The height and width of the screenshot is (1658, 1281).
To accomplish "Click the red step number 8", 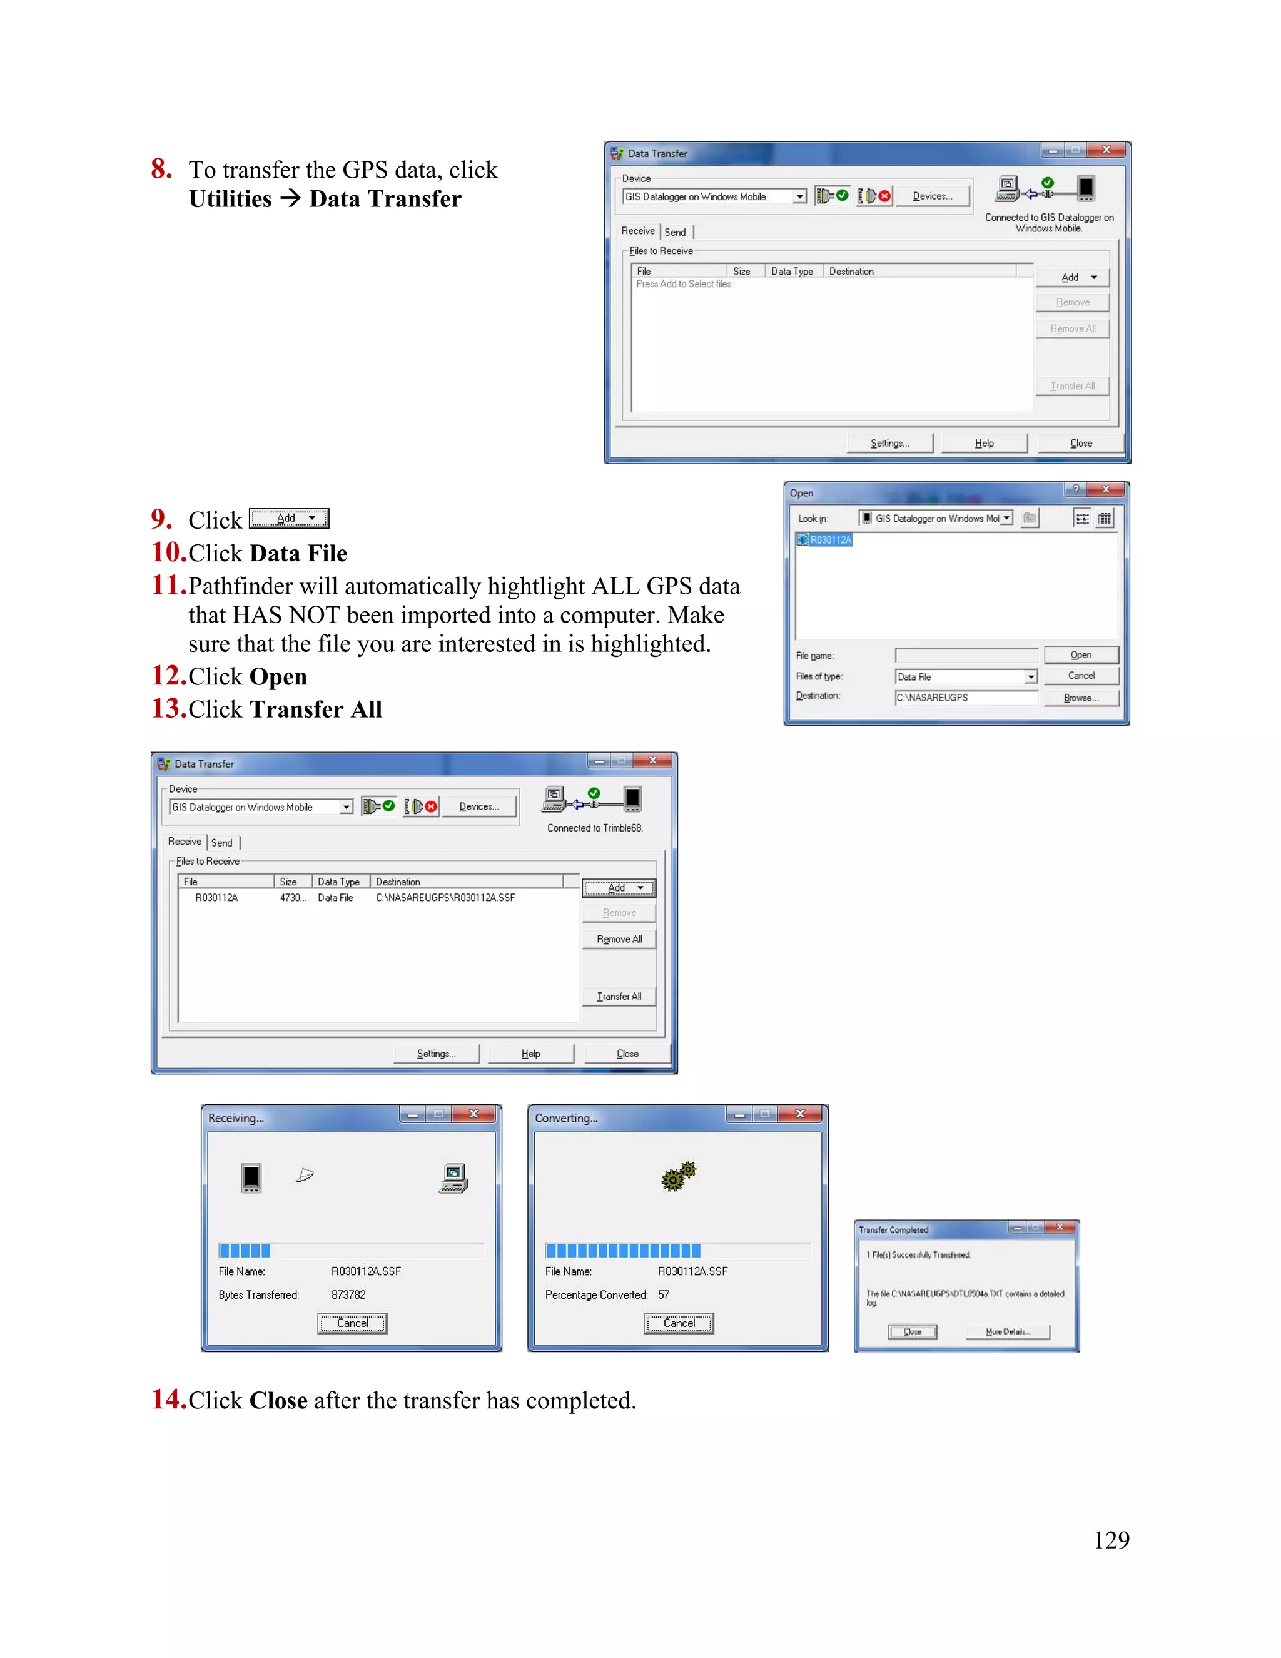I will (161, 168).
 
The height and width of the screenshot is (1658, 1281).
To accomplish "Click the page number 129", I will (1111, 1540).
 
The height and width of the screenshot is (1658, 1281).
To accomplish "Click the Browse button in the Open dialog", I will (1081, 698).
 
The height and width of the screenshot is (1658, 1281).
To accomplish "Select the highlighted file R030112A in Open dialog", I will (830, 540).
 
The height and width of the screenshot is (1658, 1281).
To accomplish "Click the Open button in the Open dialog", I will (1081, 654).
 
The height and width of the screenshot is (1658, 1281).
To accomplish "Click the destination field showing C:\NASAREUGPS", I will (965, 698).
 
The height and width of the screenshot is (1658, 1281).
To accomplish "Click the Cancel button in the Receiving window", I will (352, 1323).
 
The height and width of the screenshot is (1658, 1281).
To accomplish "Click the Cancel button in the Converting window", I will (679, 1323).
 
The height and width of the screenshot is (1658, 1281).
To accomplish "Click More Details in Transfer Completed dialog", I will (1007, 1331).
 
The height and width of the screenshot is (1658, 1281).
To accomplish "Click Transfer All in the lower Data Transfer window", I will (619, 996).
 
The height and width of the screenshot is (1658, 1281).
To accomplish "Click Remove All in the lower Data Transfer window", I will (619, 939).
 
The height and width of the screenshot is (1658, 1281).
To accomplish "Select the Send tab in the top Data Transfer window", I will (676, 232).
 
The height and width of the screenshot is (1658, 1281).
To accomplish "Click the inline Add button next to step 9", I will (289, 519).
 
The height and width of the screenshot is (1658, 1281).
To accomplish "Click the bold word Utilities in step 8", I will (230, 199).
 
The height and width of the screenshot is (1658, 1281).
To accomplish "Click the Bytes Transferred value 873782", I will (348, 1294).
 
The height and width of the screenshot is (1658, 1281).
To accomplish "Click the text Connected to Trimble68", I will (594, 828).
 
